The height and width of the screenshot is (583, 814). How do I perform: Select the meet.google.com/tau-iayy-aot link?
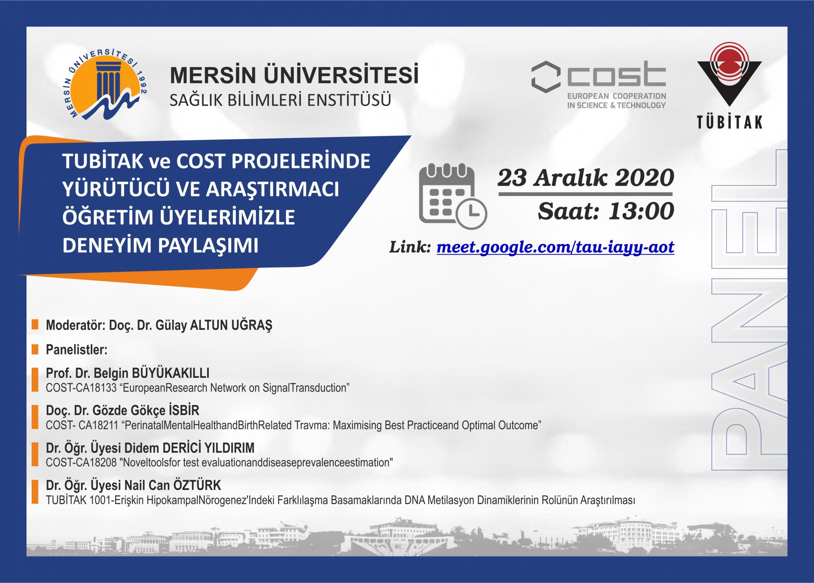[x=555, y=247]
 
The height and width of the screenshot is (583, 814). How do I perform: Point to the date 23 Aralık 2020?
[x=586, y=178]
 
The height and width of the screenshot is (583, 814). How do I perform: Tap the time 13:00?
[x=641, y=211]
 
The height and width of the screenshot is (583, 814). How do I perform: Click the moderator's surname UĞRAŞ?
[x=252, y=325]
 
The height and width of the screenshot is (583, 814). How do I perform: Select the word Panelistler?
[x=77, y=350]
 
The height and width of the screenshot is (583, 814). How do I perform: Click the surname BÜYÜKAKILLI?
[x=171, y=373]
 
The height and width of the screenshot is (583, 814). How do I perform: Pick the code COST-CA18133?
[x=81, y=388]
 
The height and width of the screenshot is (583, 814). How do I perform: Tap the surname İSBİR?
[x=184, y=410]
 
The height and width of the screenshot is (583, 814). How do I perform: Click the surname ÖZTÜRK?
[x=197, y=485]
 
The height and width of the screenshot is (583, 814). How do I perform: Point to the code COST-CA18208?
[x=81, y=463]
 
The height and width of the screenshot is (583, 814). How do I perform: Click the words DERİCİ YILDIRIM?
[x=208, y=448]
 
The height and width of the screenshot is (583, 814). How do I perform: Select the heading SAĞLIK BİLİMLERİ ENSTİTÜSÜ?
[x=280, y=100]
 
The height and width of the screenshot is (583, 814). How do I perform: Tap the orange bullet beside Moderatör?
[x=35, y=324]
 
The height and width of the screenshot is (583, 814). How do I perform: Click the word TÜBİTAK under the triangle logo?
[x=729, y=122]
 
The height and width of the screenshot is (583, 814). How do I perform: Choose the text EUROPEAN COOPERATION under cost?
[x=617, y=96]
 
